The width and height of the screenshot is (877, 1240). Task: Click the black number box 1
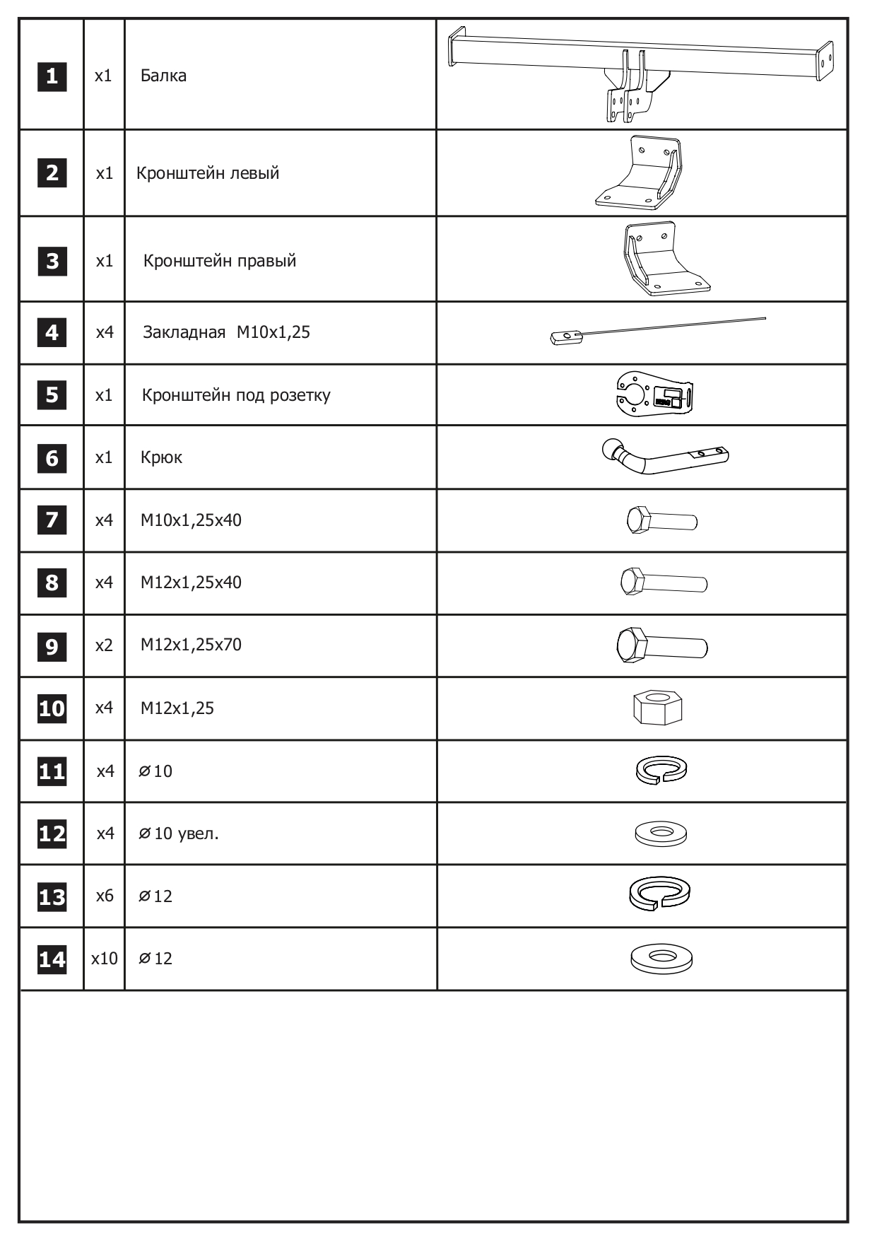tap(52, 76)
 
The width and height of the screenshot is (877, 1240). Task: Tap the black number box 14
tap(52, 959)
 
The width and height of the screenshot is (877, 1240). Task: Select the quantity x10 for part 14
tap(105, 959)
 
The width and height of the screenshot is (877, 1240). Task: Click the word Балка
tap(163, 76)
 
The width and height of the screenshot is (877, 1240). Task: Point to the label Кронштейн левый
tap(208, 173)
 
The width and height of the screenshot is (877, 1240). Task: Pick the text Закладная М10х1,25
tap(226, 332)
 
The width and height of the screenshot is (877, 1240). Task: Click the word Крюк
tap(161, 457)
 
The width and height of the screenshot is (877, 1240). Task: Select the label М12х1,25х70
tap(191, 645)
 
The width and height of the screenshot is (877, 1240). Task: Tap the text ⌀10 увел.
tap(179, 834)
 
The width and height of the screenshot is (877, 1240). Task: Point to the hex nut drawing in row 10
tap(658, 707)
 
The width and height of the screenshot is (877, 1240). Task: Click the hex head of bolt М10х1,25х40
tap(639, 520)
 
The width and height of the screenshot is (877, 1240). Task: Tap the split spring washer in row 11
tap(661, 770)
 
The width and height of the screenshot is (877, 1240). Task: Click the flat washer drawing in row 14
tap(661, 959)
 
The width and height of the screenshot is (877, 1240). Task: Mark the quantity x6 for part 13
tap(105, 896)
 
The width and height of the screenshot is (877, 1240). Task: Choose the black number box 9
tap(52, 646)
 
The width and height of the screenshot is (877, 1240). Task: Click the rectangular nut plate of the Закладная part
tap(566, 338)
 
